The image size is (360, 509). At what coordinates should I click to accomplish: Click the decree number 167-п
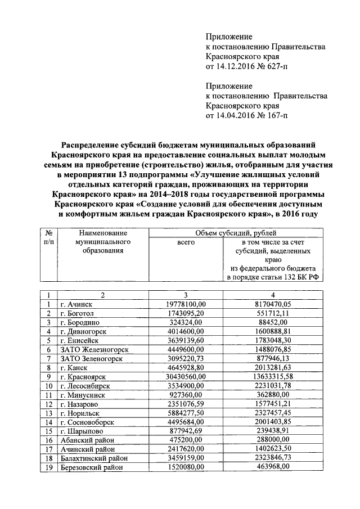coord(274,116)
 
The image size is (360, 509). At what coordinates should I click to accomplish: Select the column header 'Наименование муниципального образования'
coord(102,241)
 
